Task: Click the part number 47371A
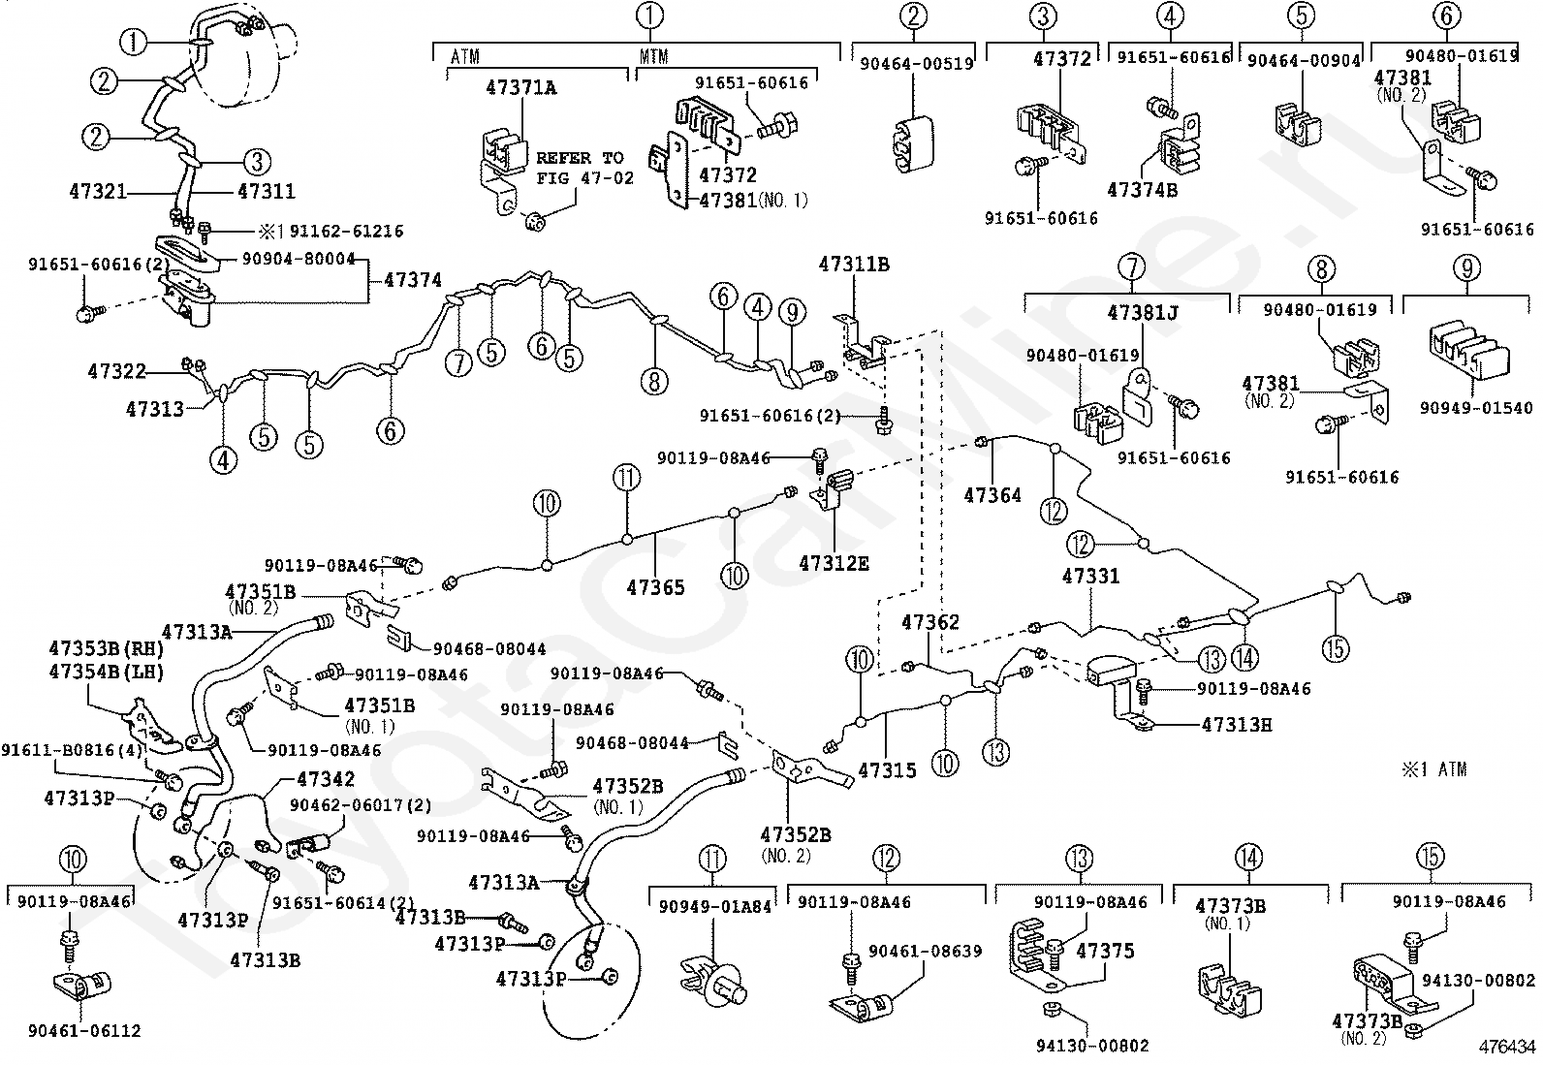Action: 521,88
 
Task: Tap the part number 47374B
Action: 1144,190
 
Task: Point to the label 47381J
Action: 1143,312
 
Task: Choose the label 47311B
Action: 853,263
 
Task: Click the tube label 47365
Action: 655,586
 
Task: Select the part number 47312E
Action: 834,562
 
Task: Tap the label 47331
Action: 1090,576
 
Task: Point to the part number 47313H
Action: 1237,723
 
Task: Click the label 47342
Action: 326,778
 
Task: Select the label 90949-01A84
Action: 714,907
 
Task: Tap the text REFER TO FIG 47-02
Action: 580,168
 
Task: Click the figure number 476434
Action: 1506,1047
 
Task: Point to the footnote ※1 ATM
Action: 1433,769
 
